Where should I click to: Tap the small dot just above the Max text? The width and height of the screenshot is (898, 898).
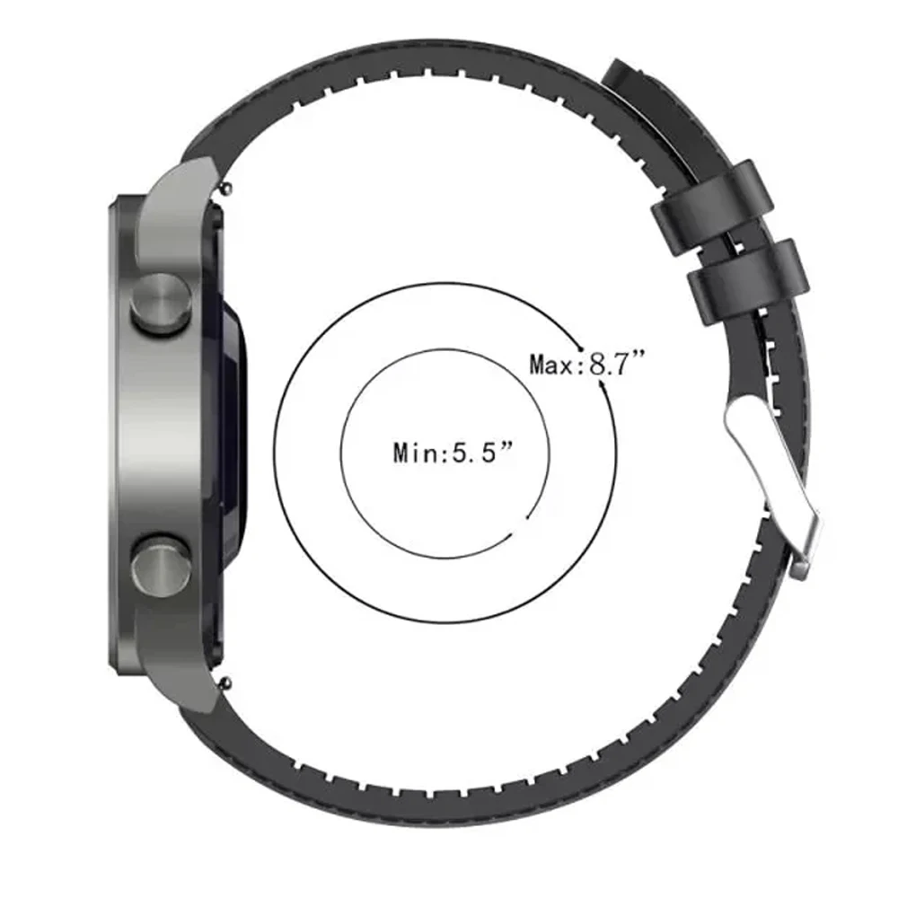(x=583, y=346)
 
